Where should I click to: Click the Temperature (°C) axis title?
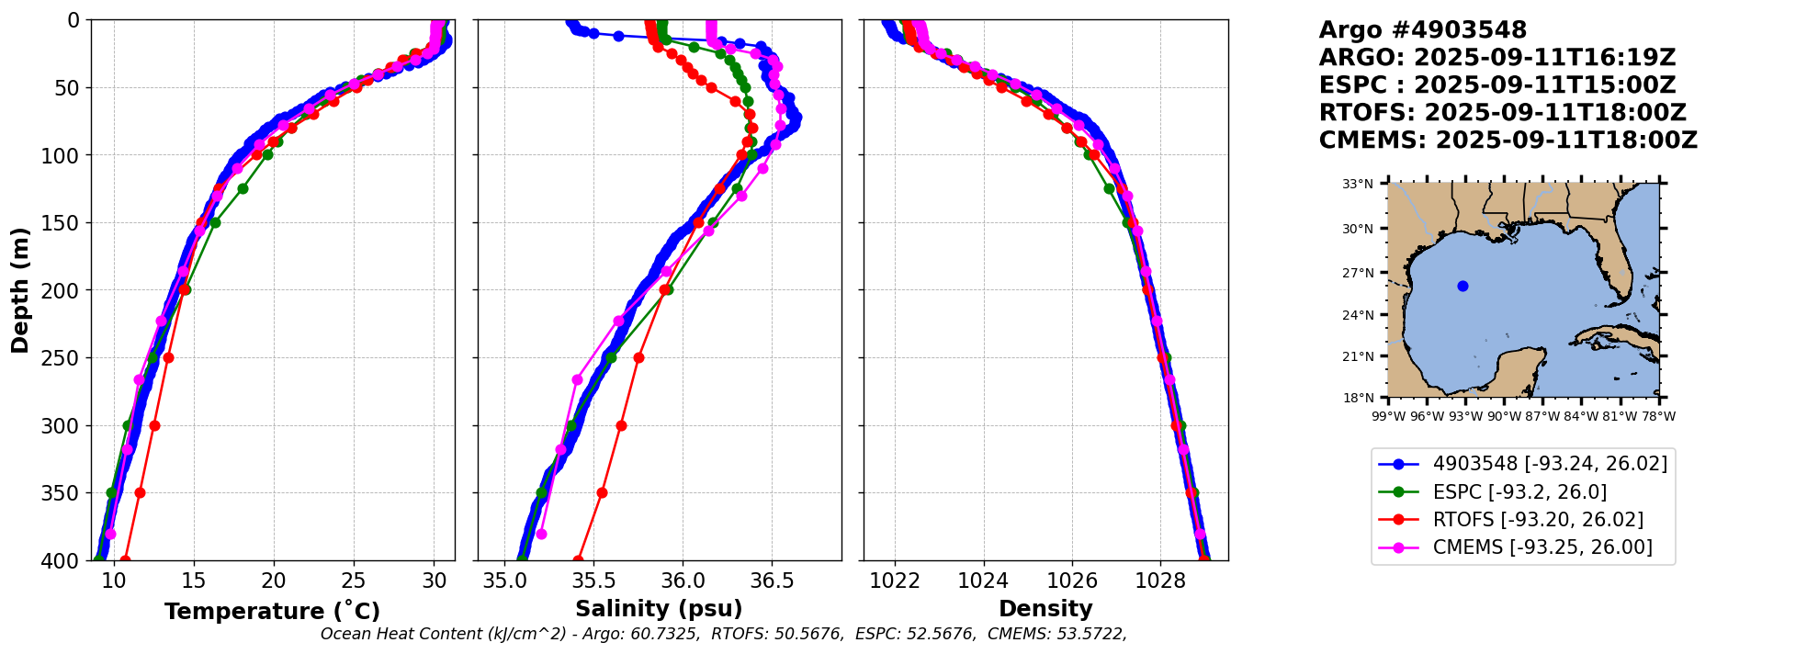coord(272,612)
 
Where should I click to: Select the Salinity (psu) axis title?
coord(659,609)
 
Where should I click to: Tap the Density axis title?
coord(1045,609)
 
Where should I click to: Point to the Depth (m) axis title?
coord(20,290)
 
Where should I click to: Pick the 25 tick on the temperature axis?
coord(354,581)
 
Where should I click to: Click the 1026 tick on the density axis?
coord(1072,581)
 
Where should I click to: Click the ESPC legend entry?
coord(1519,492)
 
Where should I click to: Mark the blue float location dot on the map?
coord(1463,286)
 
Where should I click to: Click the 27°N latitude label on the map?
coord(1358,273)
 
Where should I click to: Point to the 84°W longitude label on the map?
coord(1581,416)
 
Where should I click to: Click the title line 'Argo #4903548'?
coord(1422,30)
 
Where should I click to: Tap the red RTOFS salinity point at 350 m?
coord(602,492)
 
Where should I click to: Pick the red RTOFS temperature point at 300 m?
coord(154,425)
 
